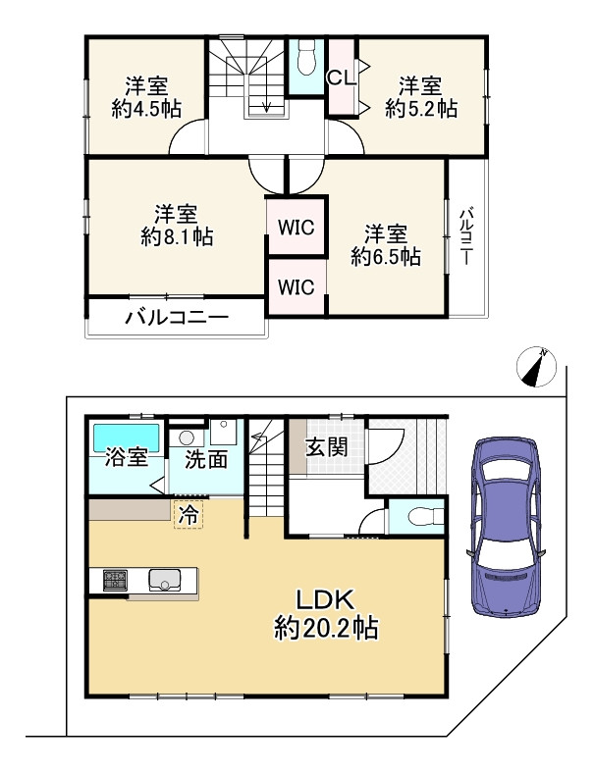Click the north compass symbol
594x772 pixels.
(x=536, y=367)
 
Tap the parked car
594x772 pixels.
(x=506, y=526)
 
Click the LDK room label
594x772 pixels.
(x=325, y=600)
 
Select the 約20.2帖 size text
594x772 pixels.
(x=326, y=628)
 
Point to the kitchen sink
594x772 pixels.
(x=165, y=580)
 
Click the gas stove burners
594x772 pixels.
(x=115, y=580)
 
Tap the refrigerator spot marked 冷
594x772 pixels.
(x=189, y=514)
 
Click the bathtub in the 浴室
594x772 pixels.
(x=127, y=437)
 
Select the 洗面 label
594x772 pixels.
(x=206, y=459)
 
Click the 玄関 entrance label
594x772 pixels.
(x=327, y=447)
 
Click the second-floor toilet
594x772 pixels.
(x=306, y=58)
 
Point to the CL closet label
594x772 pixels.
(x=342, y=77)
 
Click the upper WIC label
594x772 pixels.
(x=297, y=228)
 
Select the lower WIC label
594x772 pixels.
(x=296, y=286)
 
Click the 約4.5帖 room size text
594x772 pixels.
(x=146, y=108)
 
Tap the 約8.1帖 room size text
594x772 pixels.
(x=177, y=237)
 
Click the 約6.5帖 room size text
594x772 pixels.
(x=386, y=256)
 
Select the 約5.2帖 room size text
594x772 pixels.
(x=420, y=108)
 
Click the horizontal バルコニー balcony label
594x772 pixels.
(x=177, y=318)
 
